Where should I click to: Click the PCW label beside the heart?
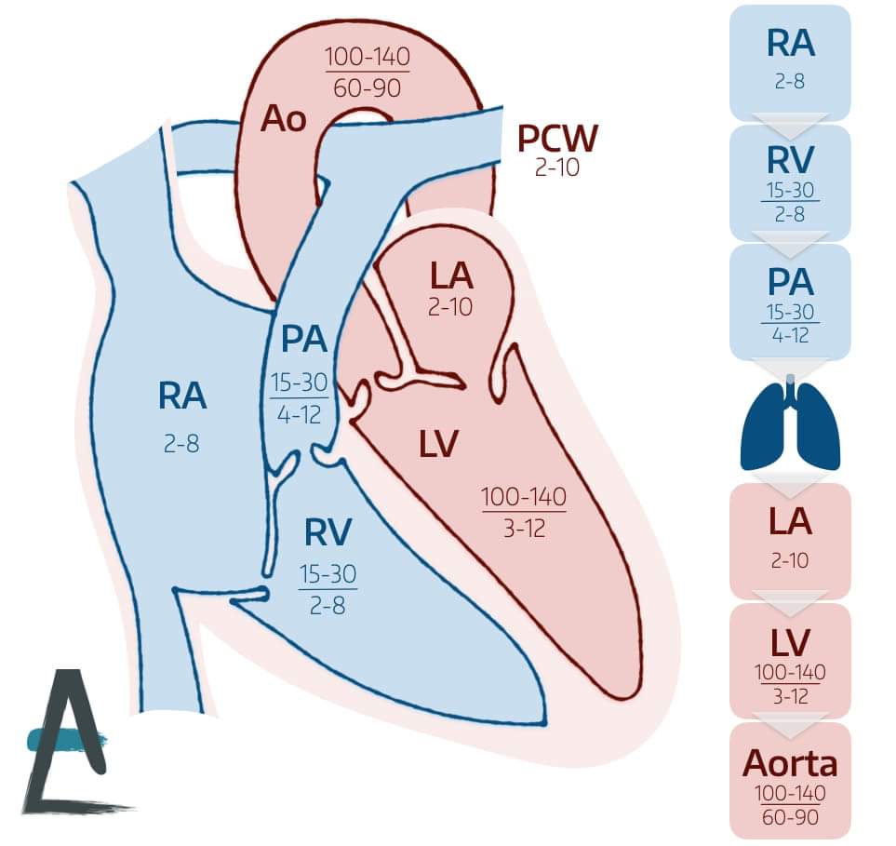557,140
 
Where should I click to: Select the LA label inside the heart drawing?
451,276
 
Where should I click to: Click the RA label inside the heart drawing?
181,397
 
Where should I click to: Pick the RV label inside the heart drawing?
328,533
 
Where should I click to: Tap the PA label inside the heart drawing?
304,339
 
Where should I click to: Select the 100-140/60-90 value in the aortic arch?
368,73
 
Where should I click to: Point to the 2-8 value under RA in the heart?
181,444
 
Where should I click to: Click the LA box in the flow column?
790,540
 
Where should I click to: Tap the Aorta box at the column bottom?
790,780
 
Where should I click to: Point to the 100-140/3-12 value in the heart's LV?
524,512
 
